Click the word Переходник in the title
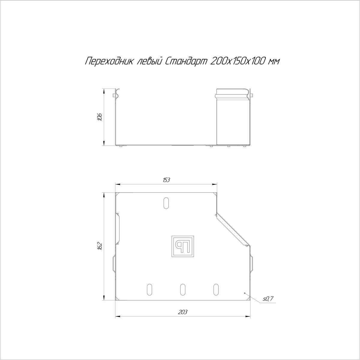(x=109, y=61)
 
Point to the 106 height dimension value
(x=100, y=117)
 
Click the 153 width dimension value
(x=166, y=180)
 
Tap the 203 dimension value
(x=182, y=312)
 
